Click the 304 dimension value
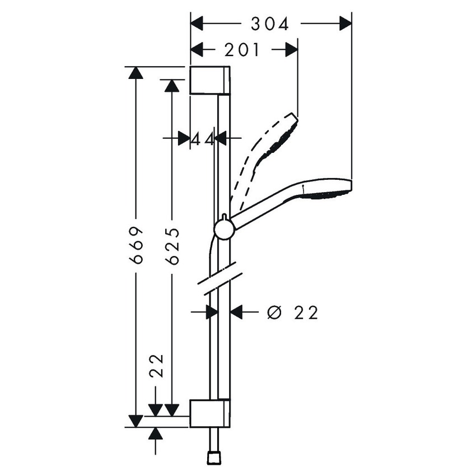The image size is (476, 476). [x=269, y=24]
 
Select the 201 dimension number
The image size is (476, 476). [x=242, y=50]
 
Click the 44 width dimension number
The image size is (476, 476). [x=202, y=138]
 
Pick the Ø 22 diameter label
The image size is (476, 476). [x=292, y=312]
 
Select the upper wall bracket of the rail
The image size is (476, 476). [x=209, y=80]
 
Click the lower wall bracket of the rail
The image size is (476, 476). [x=209, y=413]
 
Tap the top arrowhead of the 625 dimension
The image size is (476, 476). [x=172, y=85]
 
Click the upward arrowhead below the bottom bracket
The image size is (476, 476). [x=156, y=433]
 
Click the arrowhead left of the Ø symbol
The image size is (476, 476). [x=237, y=312]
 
